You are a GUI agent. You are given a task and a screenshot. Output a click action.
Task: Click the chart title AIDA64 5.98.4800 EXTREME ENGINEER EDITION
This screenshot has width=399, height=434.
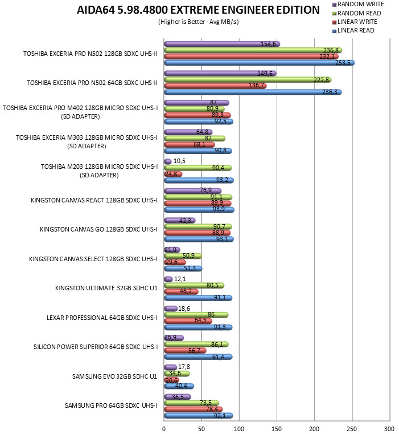[198, 10]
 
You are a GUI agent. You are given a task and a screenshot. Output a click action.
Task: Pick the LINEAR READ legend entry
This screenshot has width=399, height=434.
[353, 30]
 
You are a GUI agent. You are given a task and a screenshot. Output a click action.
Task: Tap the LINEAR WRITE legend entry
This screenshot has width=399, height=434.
[355, 22]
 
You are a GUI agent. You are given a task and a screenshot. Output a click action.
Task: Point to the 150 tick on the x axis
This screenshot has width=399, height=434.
[277, 429]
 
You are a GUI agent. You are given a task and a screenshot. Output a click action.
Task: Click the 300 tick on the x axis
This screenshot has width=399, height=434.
[389, 429]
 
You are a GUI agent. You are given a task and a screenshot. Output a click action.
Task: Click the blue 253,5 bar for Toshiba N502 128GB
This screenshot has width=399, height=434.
[259, 63]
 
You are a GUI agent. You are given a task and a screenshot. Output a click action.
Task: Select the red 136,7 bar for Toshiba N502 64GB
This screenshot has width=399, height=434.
[215, 86]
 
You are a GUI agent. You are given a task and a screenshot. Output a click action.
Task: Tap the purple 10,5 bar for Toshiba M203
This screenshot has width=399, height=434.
[168, 161]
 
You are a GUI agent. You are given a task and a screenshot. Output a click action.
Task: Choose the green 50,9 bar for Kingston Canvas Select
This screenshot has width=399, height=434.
[183, 256]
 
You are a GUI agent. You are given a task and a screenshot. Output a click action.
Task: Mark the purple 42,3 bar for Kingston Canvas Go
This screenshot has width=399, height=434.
[180, 221]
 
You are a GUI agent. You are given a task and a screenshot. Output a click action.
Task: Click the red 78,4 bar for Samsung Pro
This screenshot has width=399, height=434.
[193, 409]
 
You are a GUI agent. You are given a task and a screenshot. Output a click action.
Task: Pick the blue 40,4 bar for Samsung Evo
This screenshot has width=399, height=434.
[179, 386]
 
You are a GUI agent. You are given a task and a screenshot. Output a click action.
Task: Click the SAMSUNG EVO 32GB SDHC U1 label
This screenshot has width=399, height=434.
[114, 376]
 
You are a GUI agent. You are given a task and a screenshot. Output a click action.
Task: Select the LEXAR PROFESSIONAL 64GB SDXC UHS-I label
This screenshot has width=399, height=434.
[102, 318]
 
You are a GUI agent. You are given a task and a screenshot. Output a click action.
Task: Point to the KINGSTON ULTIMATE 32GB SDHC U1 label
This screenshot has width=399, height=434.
[106, 288]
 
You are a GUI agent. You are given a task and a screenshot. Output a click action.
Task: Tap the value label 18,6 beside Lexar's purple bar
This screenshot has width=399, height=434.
[184, 309]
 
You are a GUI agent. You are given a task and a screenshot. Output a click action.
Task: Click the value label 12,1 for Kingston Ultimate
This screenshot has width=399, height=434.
[180, 279]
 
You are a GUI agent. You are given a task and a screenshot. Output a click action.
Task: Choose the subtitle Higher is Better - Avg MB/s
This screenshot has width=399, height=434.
[199, 22]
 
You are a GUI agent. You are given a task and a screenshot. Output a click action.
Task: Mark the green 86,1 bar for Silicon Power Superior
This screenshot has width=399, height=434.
[196, 344]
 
